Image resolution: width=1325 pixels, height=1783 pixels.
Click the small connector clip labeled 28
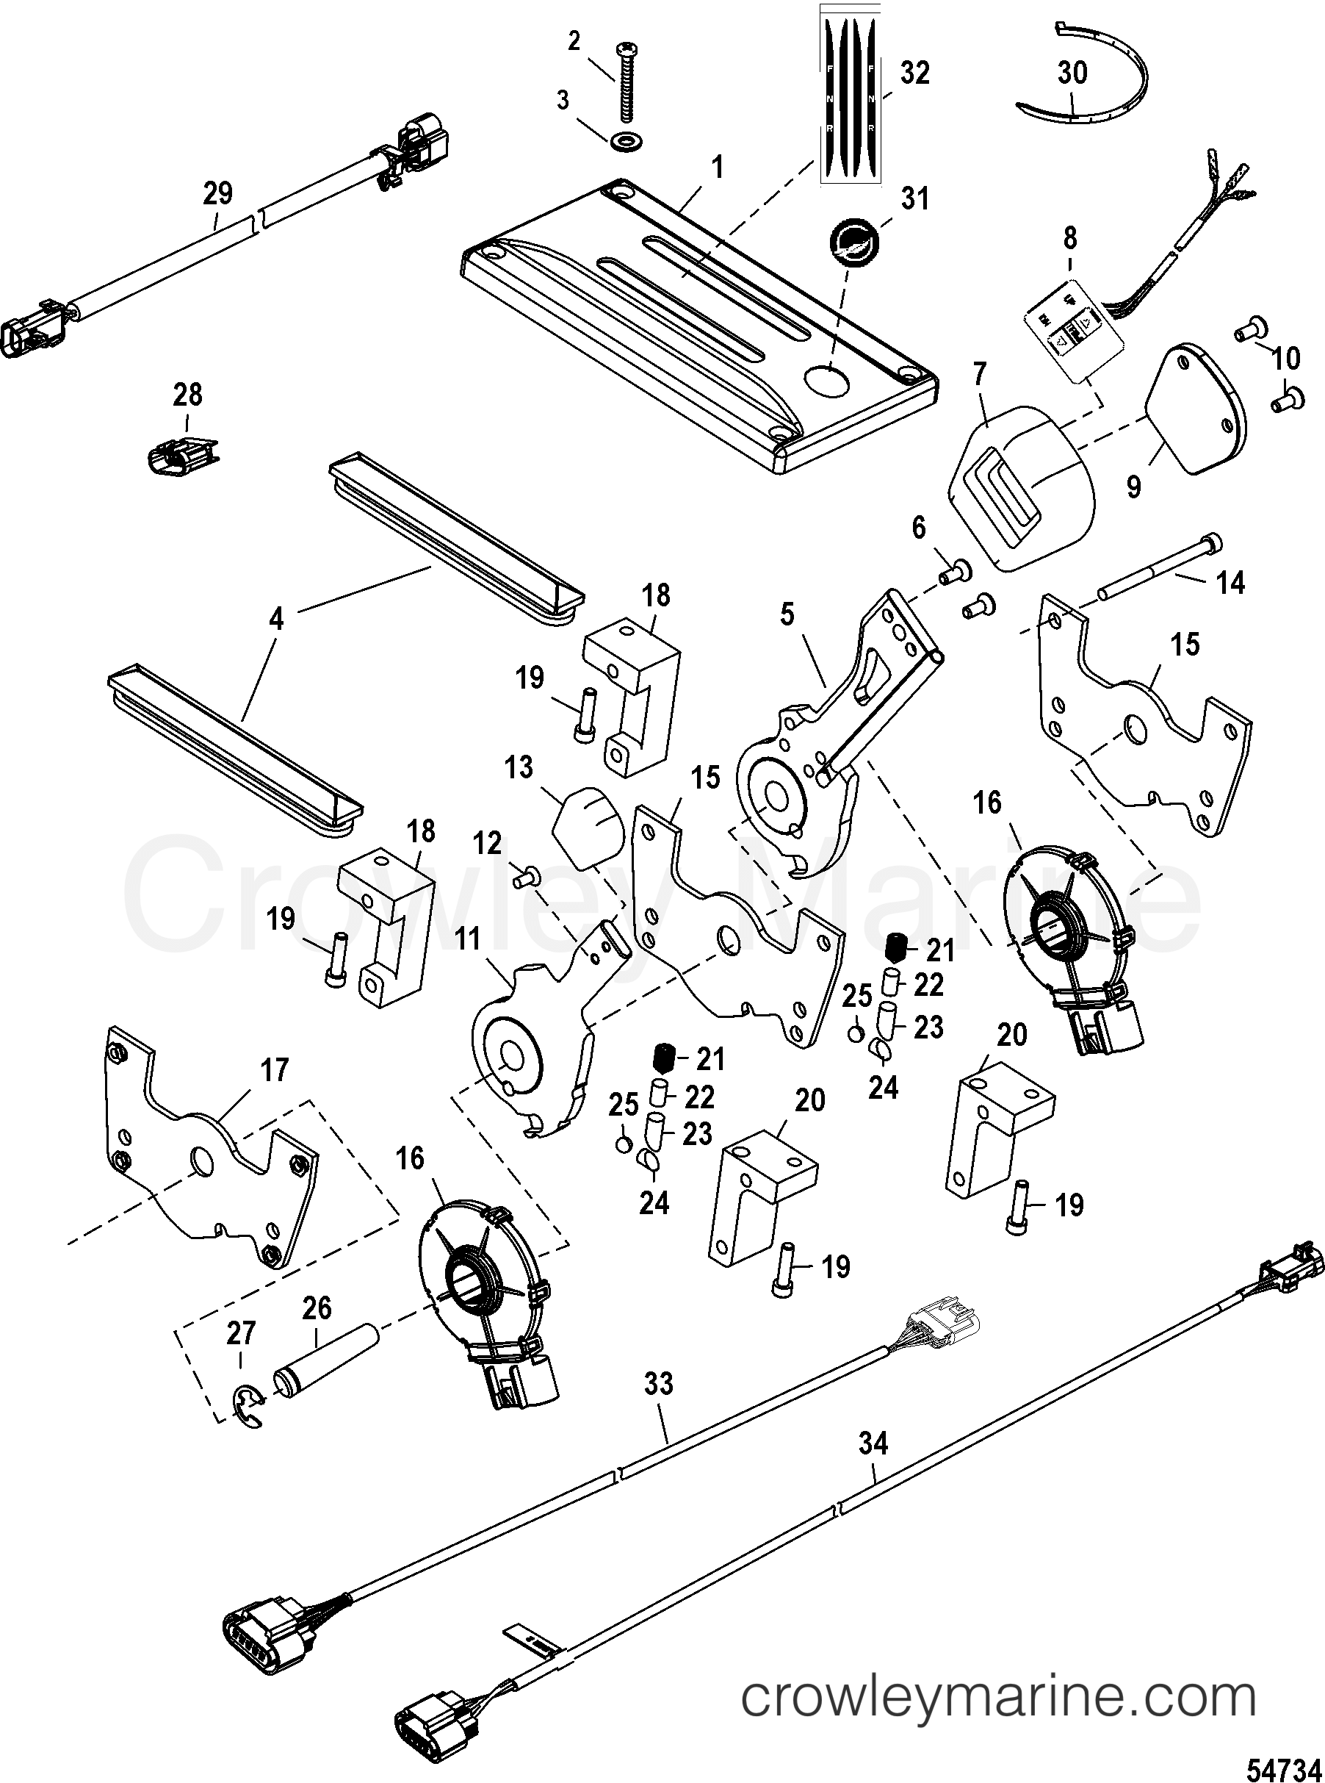point(182,457)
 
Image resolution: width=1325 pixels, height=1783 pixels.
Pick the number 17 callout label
point(275,1069)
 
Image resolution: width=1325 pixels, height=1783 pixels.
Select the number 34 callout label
point(873,1443)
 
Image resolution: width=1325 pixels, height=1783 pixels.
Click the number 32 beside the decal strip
point(914,73)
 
